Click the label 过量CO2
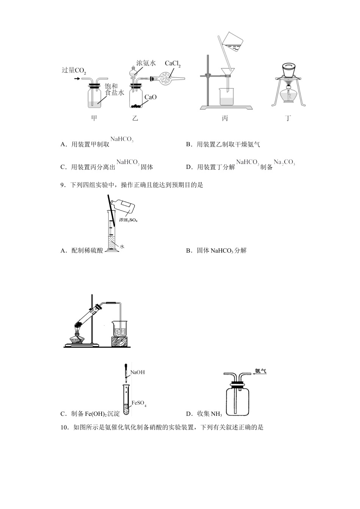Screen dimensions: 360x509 click(x=74, y=70)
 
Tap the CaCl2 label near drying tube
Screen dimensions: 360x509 click(x=172, y=64)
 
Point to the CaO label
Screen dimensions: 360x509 click(x=150, y=97)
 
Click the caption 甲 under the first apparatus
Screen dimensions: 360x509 click(x=94, y=118)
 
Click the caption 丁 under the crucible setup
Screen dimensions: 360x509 click(x=288, y=118)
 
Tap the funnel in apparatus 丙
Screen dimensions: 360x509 click(x=227, y=72)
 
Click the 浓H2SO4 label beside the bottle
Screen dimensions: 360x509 click(x=128, y=220)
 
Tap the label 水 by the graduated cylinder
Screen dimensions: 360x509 click(x=122, y=247)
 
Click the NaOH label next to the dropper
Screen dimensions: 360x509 click(x=138, y=372)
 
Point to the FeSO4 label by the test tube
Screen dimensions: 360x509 click(x=139, y=404)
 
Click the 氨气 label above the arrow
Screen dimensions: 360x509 click(x=261, y=371)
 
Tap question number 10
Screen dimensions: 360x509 click(x=64, y=428)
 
